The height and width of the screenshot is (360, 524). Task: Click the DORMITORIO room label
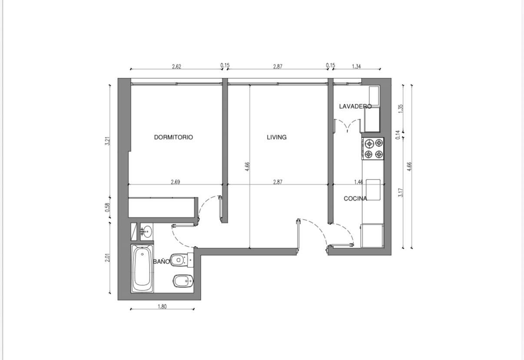173,137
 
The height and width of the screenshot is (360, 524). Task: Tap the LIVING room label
277,137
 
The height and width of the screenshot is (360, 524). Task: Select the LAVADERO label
355,107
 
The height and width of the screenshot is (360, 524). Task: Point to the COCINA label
355,199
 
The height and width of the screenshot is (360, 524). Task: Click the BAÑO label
161,261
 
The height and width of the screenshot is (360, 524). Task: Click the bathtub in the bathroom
142,268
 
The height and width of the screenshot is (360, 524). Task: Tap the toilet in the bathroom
182,260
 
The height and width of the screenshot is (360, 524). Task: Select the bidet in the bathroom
183,280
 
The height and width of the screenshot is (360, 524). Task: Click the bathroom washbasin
146,231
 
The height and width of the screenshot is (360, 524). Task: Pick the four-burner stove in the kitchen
373,149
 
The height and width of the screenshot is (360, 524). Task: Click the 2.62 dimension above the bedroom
176,67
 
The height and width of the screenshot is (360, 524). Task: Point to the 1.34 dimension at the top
356,67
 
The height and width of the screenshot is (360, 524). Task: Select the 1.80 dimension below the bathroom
162,307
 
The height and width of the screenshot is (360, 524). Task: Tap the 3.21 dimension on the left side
107,141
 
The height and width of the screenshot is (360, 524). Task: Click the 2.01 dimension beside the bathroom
107,258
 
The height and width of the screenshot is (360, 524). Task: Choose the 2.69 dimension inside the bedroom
176,182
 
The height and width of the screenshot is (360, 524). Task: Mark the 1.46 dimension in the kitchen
358,182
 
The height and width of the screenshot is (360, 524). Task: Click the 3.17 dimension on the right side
401,193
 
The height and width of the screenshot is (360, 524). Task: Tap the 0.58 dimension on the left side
107,207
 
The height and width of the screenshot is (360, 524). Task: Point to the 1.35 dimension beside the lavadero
401,109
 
